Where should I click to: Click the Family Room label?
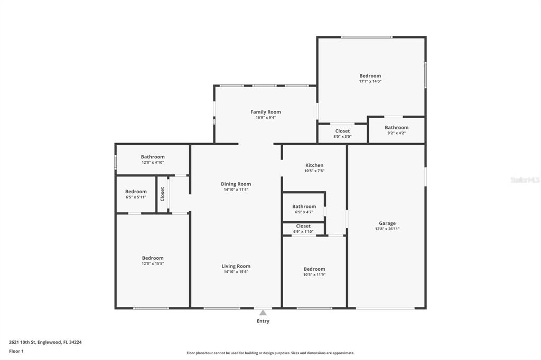[x=266, y=112]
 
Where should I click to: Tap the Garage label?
[x=387, y=223]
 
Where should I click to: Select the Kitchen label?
[x=314, y=165]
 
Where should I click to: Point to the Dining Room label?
[x=236, y=184]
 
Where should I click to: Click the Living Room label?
[x=236, y=266]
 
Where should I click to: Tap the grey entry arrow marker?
[x=263, y=312]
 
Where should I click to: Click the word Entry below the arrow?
[x=263, y=321]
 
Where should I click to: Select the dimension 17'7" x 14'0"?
[x=370, y=81]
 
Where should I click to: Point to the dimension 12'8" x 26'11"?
[x=387, y=229]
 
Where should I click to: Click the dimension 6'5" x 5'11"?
[x=136, y=197]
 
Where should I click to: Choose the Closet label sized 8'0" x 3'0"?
[x=342, y=131]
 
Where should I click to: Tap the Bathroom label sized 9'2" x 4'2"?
[x=397, y=128]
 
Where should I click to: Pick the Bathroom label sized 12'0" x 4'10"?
[x=153, y=157]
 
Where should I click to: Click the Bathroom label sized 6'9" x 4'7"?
[x=304, y=206]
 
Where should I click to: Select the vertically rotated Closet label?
[x=163, y=194]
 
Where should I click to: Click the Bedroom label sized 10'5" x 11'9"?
[x=314, y=269]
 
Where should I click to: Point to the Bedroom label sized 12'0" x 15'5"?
[x=153, y=258]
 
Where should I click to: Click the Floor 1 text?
[x=16, y=352]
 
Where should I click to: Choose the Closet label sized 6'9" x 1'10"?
[x=303, y=226]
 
